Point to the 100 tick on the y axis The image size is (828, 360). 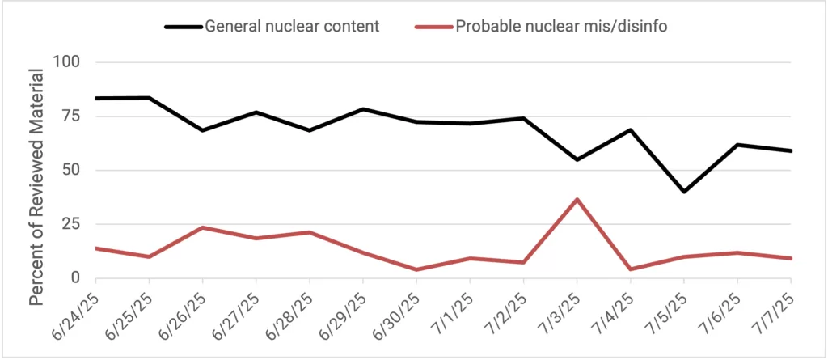71,62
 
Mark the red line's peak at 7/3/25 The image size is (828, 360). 577,199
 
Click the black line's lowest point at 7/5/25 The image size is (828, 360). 684,192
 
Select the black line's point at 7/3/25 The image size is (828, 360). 577,159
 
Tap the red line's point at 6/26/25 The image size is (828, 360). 202,227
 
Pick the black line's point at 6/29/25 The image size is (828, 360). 363,109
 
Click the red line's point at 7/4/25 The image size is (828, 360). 630,269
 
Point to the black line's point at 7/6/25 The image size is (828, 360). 737,145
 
